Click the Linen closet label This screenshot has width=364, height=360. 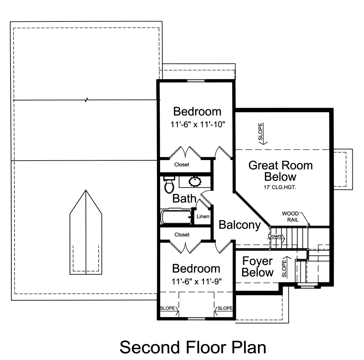203,216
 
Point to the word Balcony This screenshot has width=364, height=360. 240,225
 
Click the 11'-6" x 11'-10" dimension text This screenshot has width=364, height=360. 198,124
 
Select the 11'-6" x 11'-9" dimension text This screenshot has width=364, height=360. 197,281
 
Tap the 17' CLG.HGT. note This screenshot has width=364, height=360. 280,188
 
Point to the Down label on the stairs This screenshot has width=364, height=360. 274,236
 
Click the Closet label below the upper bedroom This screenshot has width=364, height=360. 182,165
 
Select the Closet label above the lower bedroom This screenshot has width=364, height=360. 182,235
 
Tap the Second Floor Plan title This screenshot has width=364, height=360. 193,347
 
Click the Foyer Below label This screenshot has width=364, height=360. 257,267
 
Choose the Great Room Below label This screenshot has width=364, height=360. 280,171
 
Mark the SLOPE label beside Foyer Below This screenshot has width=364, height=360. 284,267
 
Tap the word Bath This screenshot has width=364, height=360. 184,199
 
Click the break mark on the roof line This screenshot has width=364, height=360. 86,100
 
